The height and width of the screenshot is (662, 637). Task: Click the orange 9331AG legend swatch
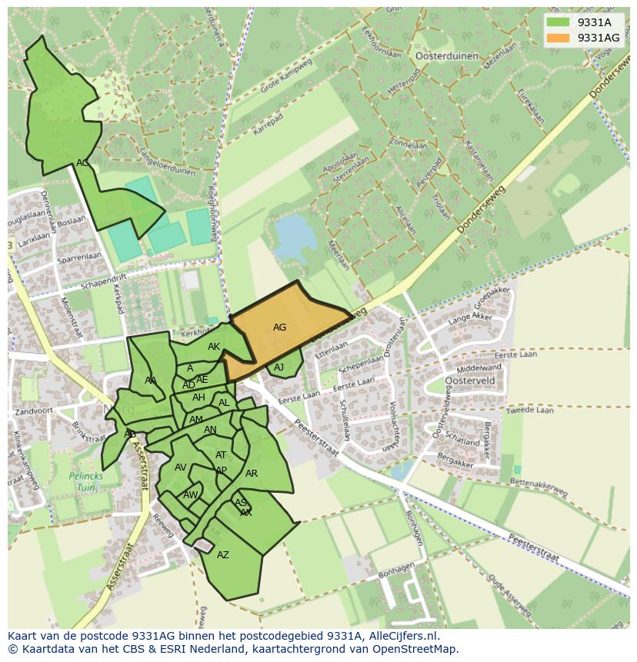point(560,38)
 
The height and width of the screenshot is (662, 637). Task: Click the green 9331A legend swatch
point(560,22)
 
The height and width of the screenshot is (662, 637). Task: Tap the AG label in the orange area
point(279,328)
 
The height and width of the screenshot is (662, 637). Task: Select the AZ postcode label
point(223,555)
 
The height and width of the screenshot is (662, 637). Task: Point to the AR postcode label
point(252,474)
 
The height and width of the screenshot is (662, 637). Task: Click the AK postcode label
point(214,347)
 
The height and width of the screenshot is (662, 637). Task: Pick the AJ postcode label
point(278,368)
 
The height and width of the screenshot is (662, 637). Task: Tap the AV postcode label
point(181,467)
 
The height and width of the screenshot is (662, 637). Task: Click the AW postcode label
point(190,495)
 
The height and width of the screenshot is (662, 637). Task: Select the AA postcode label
point(151,380)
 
